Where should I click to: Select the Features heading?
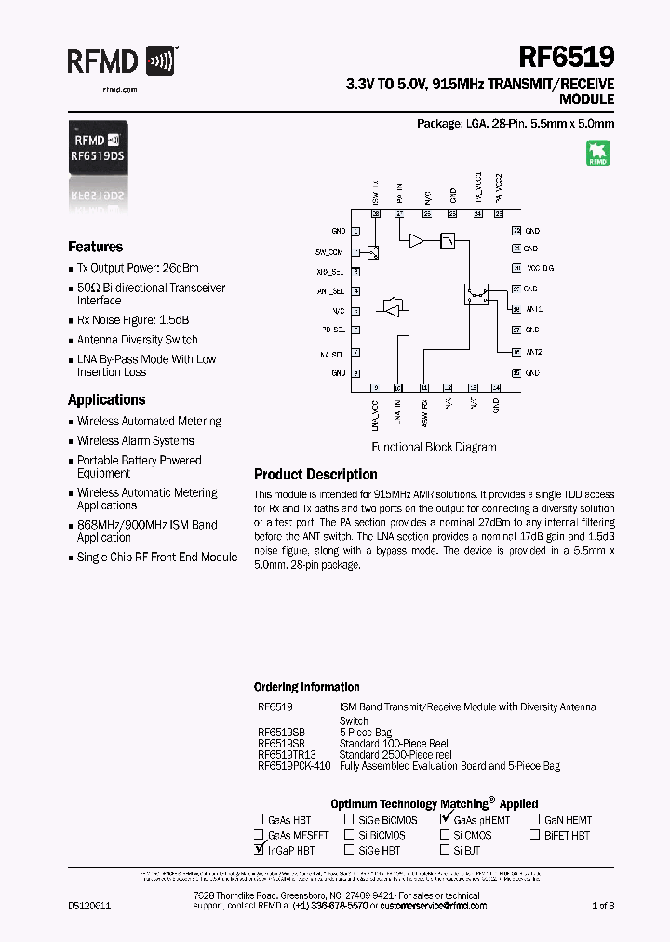pos(95,247)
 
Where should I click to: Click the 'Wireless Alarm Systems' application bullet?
pos(135,440)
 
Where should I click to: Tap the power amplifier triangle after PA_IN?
pos(416,241)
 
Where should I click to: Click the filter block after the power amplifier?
pos(448,240)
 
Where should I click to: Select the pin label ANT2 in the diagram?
pos(533,352)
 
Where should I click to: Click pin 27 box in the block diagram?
pos(399,214)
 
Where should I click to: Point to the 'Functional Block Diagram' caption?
pos(434,447)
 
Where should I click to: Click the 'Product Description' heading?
pos(315,474)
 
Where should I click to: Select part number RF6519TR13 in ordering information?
pos(287,755)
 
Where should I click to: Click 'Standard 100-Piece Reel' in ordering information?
pos(395,744)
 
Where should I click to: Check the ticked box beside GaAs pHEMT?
pos(445,820)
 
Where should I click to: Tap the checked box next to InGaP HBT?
pos(258,850)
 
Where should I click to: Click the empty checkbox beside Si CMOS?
pos(445,835)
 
